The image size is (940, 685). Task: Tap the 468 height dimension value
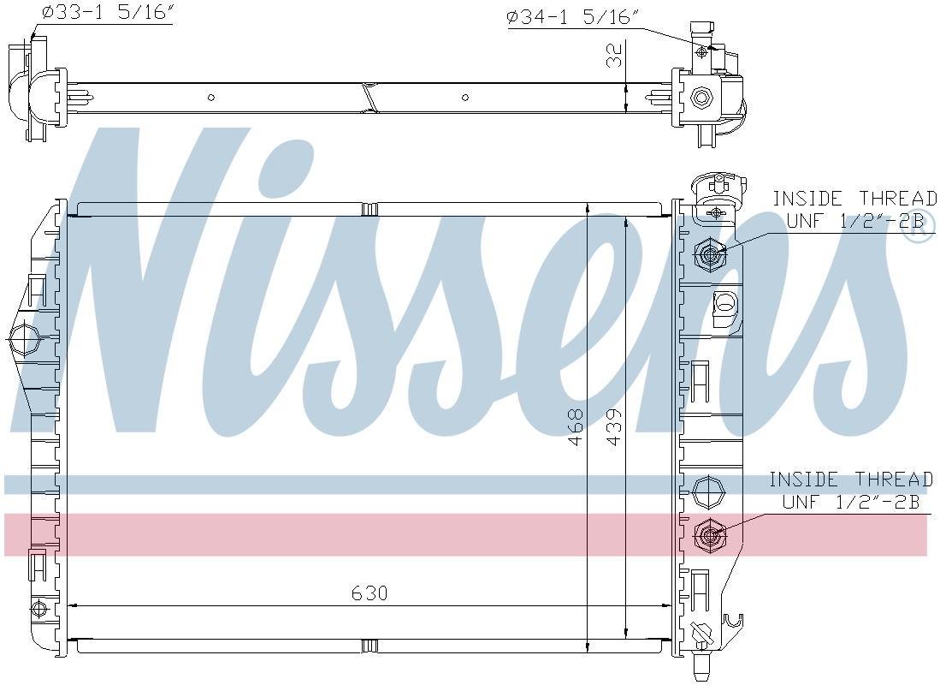pos(575,426)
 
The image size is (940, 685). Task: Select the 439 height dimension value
pos(614,426)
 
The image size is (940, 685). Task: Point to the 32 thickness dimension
pos(612,57)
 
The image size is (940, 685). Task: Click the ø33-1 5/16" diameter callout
pos(106,15)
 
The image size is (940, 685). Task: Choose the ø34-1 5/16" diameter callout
pos(573,17)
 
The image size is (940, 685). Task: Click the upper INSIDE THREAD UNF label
pos(853,210)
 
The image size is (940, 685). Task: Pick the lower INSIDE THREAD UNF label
pos(850,490)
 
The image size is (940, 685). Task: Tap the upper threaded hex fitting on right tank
pos(710,253)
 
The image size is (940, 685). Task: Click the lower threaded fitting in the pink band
pos(710,535)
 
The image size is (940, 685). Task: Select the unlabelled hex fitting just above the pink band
pos(709,492)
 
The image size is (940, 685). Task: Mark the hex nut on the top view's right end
pos(702,97)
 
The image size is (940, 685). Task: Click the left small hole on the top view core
pos(211,98)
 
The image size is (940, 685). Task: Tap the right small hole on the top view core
pos(465,98)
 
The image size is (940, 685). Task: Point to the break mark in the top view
pos(369,97)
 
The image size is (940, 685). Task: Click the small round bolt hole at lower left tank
pos(37,609)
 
